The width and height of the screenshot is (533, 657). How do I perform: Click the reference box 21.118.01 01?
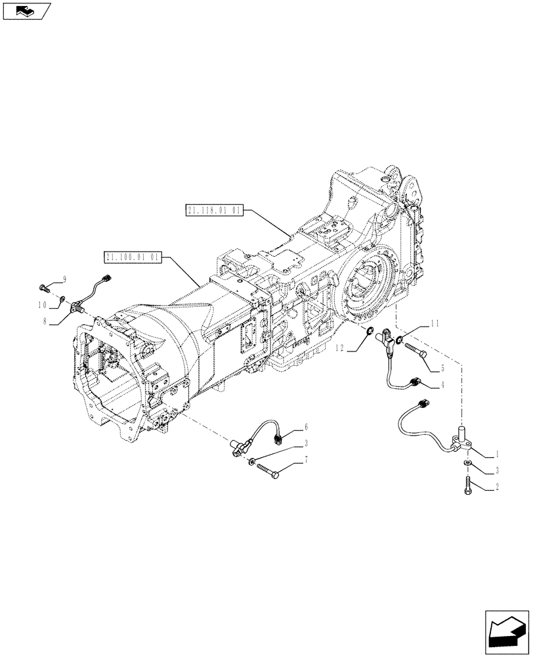(x=215, y=210)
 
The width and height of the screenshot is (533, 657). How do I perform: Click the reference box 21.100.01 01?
(x=132, y=257)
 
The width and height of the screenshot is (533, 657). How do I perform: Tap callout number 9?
(x=65, y=279)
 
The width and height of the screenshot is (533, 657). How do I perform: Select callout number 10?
(x=43, y=305)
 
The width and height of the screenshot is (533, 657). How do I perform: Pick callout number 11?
(x=435, y=323)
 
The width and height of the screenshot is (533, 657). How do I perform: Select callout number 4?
(x=443, y=385)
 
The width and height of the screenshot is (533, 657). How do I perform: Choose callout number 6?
(x=306, y=428)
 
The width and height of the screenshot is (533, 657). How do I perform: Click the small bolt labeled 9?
(x=45, y=287)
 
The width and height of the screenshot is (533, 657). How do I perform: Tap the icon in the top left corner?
(x=27, y=11)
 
